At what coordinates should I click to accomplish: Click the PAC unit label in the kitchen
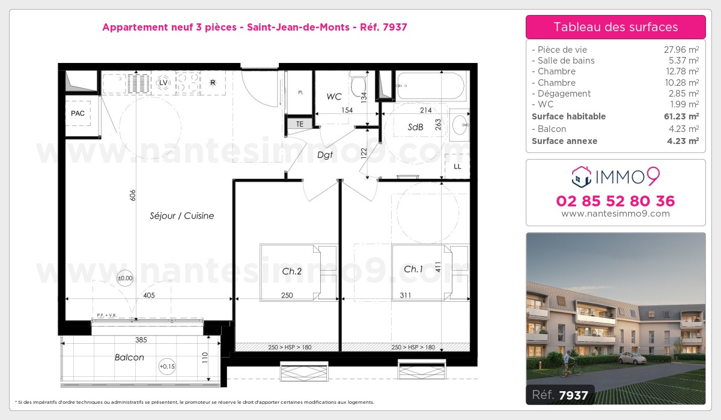click(x=78, y=113)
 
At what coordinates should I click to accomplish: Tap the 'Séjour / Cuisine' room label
click(x=182, y=216)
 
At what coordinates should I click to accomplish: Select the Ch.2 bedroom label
click(x=292, y=271)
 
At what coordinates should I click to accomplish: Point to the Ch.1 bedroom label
click(x=413, y=269)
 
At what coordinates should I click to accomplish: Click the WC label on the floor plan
click(x=334, y=96)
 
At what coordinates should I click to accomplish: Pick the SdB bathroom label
click(x=416, y=127)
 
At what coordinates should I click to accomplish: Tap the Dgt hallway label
click(x=325, y=155)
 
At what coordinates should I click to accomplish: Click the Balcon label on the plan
click(x=129, y=358)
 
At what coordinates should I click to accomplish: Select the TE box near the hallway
click(x=299, y=124)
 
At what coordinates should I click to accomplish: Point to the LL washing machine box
click(x=457, y=166)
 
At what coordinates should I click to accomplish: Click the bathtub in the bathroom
click(x=430, y=86)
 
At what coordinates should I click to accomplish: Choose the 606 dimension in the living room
click(x=132, y=195)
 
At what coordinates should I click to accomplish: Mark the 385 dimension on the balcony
click(x=141, y=340)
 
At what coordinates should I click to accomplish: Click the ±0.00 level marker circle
click(x=125, y=278)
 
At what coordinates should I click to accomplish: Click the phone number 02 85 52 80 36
click(x=615, y=201)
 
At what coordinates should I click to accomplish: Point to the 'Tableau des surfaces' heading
click(x=615, y=27)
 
